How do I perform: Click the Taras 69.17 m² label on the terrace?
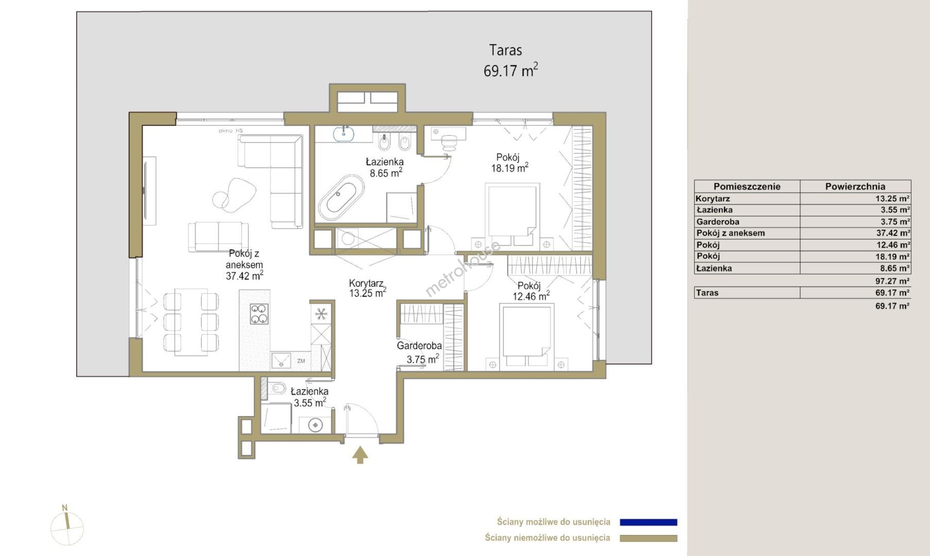coord(510,61)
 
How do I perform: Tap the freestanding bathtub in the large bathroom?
coord(341,198)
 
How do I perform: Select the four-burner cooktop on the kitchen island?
coord(259,314)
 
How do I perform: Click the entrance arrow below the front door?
coord(360,455)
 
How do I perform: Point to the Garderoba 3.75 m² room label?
coord(419,352)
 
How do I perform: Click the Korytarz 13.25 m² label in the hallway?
coord(367,288)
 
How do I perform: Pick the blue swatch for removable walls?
coord(648,522)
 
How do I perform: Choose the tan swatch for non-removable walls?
coord(648,538)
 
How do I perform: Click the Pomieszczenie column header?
coord(747,186)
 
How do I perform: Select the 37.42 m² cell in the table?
coord(893,233)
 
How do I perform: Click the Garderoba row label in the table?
coord(718,222)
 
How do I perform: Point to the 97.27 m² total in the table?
coord(892,281)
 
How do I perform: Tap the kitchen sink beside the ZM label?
coord(281,360)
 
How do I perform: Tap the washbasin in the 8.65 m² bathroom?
coord(343,134)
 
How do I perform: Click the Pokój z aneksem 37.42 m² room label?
coord(245,265)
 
